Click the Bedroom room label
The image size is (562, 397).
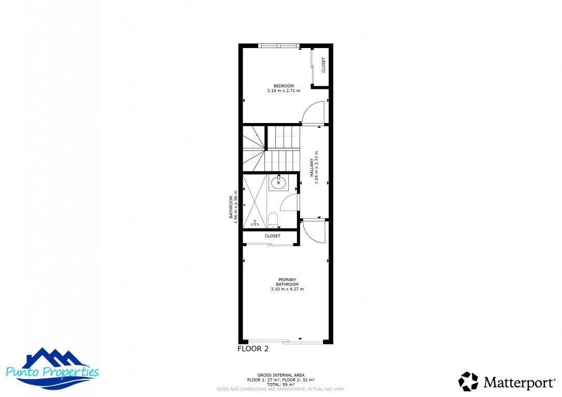click(284, 86)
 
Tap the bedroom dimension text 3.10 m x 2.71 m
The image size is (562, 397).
click(284, 91)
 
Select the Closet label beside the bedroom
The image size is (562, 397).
click(323, 65)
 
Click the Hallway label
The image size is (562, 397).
click(312, 167)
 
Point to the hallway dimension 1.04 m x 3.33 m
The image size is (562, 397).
click(317, 167)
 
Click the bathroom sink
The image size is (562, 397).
click(278, 182)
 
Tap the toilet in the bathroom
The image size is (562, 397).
click(273, 220)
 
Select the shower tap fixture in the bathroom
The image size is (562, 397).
click(255, 223)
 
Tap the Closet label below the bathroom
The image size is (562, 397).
click(272, 236)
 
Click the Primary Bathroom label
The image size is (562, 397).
click(287, 282)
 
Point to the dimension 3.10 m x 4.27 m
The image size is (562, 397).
click(287, 289)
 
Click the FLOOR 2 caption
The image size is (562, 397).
click(253, 349)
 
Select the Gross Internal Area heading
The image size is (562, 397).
click(280, 375)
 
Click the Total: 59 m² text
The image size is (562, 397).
click(280, 385)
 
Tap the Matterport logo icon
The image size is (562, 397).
click(468, 381)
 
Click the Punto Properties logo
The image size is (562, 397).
click(52, 369)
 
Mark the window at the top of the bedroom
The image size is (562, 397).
click(279, 45)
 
